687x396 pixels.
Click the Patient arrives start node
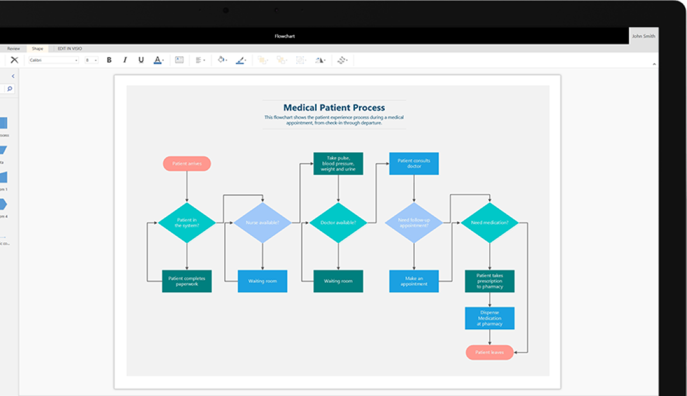187,164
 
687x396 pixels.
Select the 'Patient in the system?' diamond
187,223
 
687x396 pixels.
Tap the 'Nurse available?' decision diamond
262,223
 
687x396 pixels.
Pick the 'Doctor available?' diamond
338,223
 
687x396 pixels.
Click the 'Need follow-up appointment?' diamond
414,223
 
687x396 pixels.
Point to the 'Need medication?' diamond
489,223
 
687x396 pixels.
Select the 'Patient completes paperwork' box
187,281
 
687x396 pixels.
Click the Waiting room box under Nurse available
262,281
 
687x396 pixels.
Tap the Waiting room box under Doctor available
338,281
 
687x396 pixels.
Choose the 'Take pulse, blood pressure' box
338,164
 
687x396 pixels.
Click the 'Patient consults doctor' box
414,164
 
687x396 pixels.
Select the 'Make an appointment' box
414,281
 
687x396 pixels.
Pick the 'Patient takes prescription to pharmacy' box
489,281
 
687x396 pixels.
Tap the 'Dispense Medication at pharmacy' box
489,318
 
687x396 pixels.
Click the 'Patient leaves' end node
489,353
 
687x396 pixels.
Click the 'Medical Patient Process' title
334,107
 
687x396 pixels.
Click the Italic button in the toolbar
125,60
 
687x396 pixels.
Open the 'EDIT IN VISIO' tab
70,49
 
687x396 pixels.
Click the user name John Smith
643,36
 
